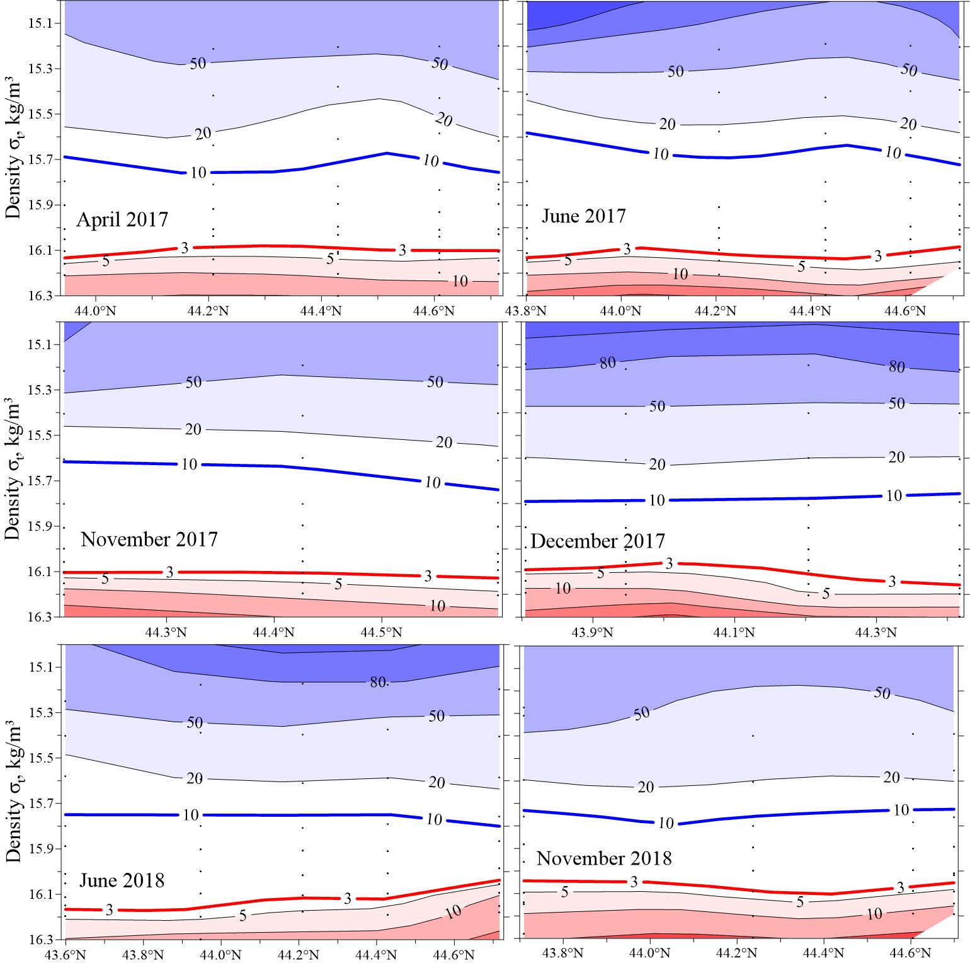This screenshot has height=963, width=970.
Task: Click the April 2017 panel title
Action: tap(122, 219)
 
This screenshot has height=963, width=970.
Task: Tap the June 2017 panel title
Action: tap(583, 216)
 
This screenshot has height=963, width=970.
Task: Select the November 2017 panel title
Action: tap(149, 539)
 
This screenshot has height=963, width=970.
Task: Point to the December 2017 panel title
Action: tap(597, 541)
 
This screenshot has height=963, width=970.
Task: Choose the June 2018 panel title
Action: tap(122, 880)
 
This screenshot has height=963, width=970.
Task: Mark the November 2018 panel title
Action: tap(604, 858)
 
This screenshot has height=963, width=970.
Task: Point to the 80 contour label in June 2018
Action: tap(378, 682)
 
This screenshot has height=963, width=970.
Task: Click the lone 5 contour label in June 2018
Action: tap(243, 916)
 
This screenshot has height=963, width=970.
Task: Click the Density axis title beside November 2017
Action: tap(13, 470)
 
